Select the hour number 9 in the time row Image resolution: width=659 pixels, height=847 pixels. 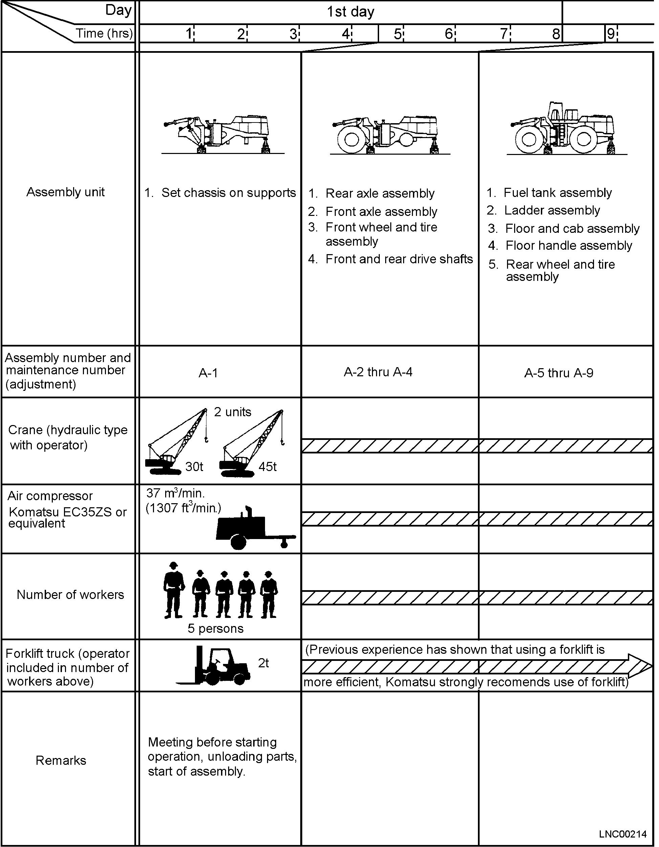611,34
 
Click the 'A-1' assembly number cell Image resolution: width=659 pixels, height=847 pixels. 208,373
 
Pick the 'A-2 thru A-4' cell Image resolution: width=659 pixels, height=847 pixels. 378,372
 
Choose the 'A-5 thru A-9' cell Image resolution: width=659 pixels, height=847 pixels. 559,373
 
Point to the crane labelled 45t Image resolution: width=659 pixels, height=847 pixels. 251,443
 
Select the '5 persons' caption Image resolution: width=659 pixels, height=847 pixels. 216,628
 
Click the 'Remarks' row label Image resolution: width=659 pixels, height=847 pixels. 61,760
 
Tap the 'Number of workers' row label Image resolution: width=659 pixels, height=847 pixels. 70,595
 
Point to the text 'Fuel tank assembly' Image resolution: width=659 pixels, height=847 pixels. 558,193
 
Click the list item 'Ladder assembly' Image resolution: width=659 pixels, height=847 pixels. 552,210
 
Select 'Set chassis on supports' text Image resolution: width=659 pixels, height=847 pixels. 228,193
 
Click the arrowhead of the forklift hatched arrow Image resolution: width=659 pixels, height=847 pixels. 640,666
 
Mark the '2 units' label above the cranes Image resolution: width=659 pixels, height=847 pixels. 233,412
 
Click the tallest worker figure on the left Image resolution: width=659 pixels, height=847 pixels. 173,590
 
